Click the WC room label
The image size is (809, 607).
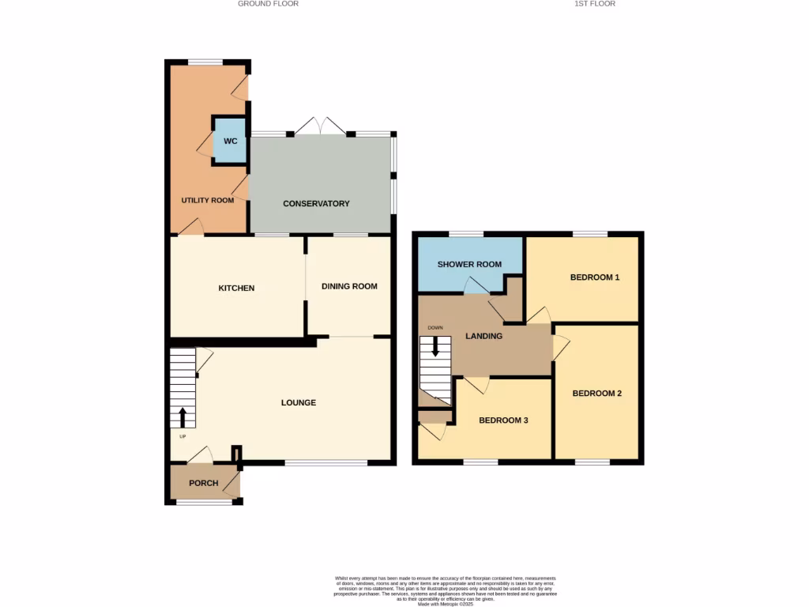pos(230,141)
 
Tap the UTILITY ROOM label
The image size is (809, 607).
pos(208,201)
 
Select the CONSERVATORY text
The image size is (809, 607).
pos(316,204)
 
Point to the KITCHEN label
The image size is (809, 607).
pos(236,288)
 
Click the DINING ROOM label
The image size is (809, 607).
pos(349,286)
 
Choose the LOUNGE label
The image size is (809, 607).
pos(299,403)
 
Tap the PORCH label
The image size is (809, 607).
pos(203,483)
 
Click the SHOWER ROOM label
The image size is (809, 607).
pos(469,264)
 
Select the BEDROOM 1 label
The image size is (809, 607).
pos(595,277)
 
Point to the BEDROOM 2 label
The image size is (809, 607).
pos(597,393)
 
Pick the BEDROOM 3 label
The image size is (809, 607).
pos(503,420)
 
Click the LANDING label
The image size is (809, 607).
pos(484,336)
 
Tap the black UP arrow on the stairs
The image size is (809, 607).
pos(183,417)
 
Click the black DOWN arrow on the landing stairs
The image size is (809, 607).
pos(434,349)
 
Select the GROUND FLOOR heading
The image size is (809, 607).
pos(268,4)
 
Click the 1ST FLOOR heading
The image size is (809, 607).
pos(595,4)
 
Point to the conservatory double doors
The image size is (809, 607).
pos(321,126)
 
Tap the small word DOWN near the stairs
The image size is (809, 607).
pos(435,327)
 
